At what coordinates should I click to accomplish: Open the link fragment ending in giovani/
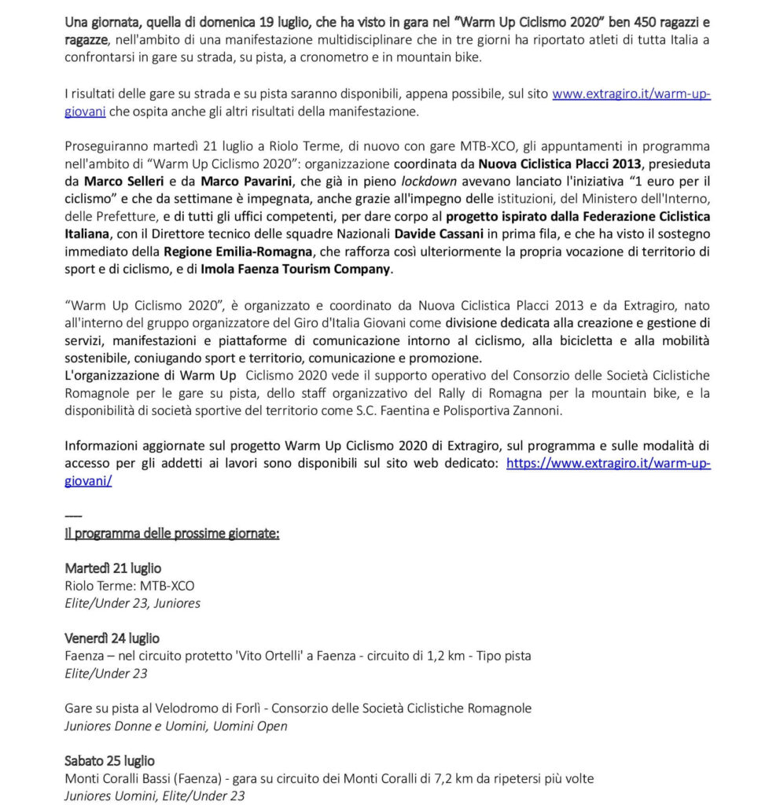point(88,480)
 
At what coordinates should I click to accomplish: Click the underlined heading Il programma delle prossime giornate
point(172,533)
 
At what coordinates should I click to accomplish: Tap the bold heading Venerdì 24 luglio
point(112,638)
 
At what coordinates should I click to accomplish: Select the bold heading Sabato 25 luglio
point(109,760)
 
